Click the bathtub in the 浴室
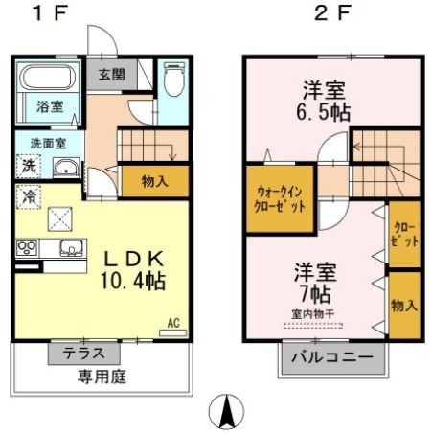(48, 77)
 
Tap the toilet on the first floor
(174, 79)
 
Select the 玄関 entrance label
(111, 75)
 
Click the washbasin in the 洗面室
(66, 167)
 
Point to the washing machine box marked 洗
(29, 166)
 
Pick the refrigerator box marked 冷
(29, 196)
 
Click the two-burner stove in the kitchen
(27, 248)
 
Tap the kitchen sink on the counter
(72, 248)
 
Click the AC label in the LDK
(173, 323)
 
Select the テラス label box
(84, 354)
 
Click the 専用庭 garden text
(102, 377)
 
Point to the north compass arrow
(227, 411)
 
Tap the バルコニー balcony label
(332, 357)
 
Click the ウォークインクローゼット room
(280, 198)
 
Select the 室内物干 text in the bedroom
(313, 314)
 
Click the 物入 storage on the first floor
(155, 181)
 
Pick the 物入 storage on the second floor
(404, 306)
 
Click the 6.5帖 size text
(324, 112)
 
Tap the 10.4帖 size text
(133, 281)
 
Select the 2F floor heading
(332, 13)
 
